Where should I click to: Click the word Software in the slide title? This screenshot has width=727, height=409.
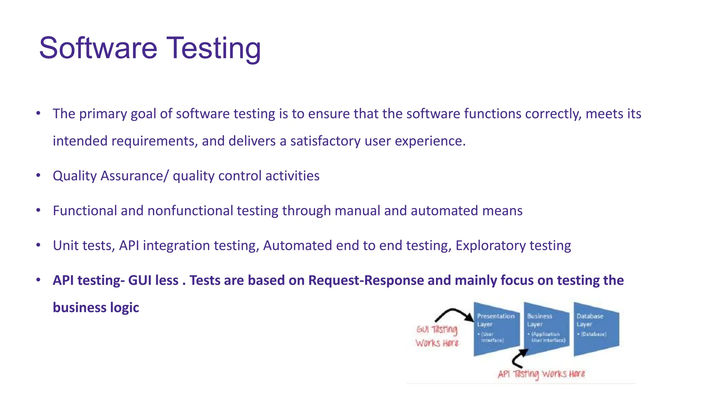98,48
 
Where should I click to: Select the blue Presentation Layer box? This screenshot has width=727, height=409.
496,328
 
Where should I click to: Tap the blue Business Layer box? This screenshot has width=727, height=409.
546,328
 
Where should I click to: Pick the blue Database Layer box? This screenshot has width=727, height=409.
596,328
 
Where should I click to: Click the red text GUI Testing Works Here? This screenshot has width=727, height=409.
437,336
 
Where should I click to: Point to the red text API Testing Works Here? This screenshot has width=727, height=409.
541,374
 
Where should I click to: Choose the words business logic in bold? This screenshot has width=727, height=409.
96,307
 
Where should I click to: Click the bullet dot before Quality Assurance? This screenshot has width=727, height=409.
38,175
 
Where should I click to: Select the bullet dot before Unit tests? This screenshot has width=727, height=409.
38,245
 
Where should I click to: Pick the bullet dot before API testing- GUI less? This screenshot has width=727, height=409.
38,280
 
